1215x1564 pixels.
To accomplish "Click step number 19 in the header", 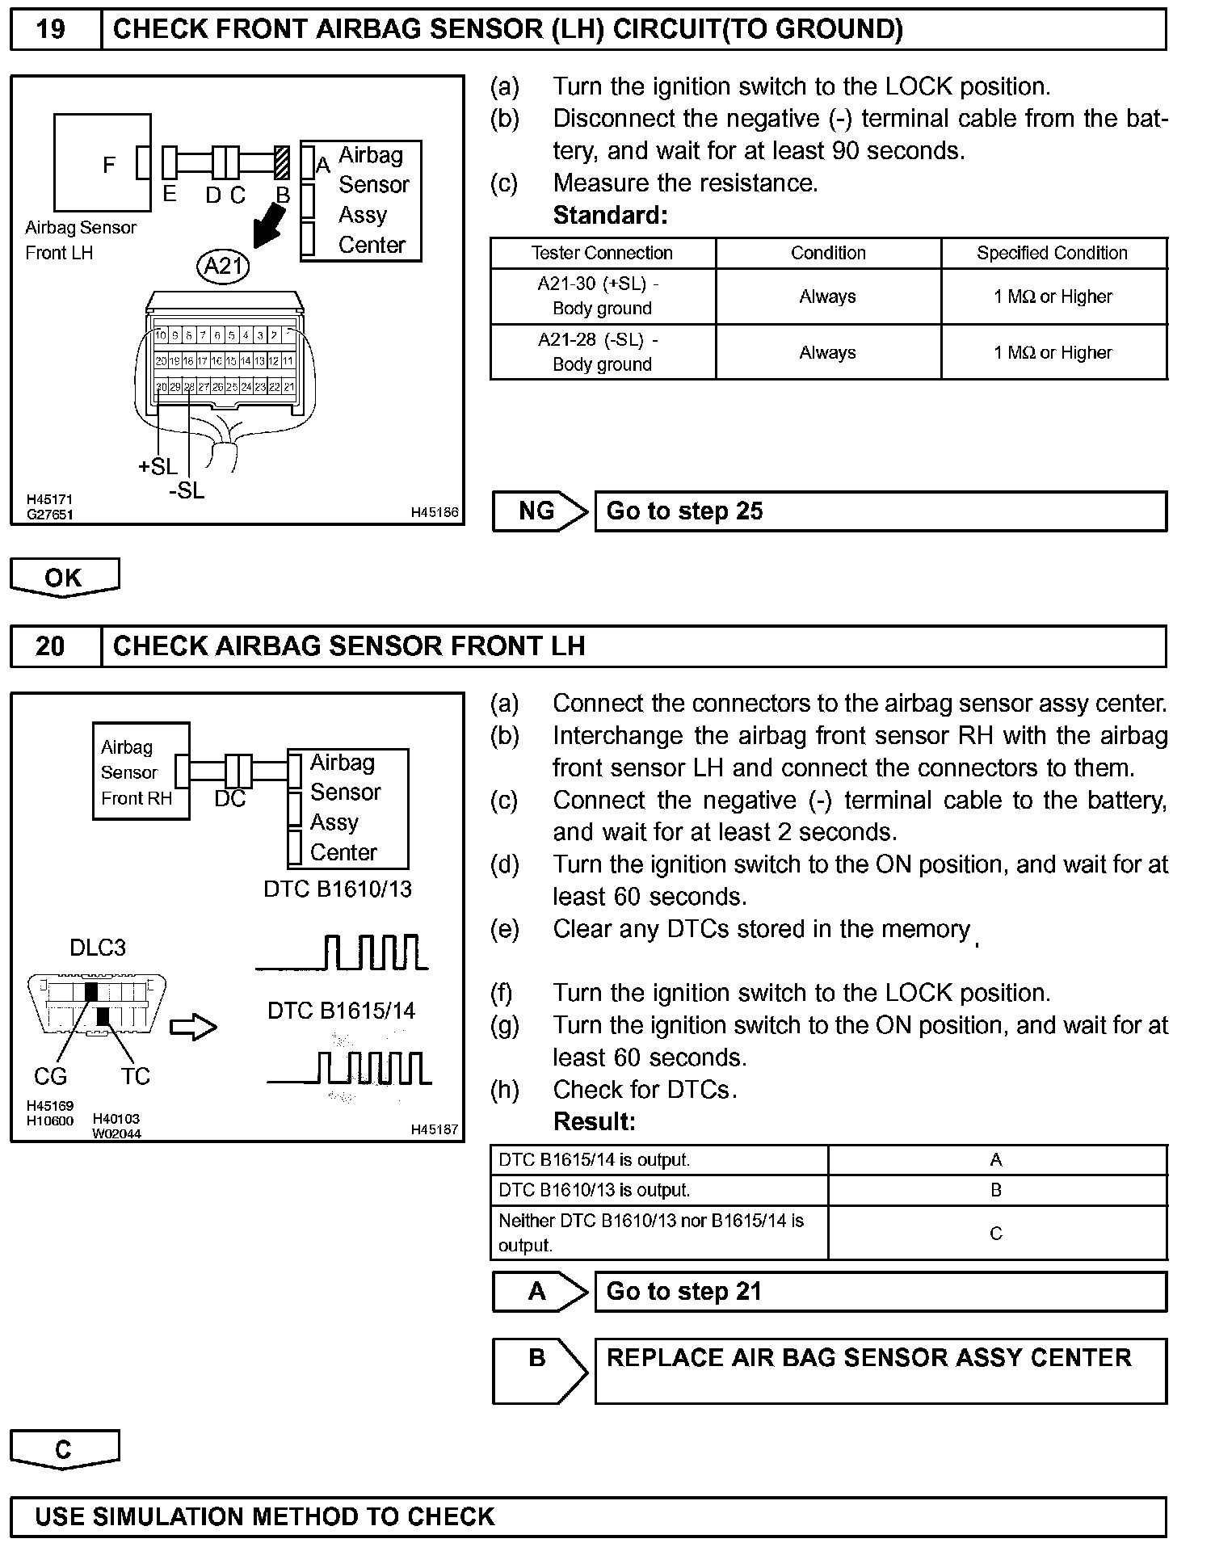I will (x=51, y=30).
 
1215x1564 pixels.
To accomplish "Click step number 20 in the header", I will (x=50, y=646).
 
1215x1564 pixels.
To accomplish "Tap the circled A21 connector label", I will (x=223, y=266).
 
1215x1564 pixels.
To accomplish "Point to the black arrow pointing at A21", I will (x=269, y=225).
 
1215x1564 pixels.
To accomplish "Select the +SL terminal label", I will (x=158, y=466).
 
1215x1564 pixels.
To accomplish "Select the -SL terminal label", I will (x=187, y=490).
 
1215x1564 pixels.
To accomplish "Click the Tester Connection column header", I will (x=602, y=253).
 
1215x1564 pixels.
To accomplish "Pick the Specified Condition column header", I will (x=1052, y=253).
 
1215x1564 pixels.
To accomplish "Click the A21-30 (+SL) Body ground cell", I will (x=602, y=296).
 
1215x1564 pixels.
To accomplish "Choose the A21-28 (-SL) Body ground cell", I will (x=602, y=352).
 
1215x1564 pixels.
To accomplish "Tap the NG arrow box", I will (x=539, y=511).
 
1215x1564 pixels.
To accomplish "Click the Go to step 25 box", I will (x=880, y=511).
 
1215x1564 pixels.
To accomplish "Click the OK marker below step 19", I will (x=64, y=578).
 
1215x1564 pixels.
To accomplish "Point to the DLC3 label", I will (x=98, y=947).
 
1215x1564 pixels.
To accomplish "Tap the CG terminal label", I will (x=50, y=1076).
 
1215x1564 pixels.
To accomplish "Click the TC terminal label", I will (x=136, y=1076).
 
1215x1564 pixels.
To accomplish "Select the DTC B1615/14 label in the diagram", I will (x=341, y=1011).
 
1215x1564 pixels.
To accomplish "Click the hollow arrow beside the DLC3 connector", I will (x=194, y=1028).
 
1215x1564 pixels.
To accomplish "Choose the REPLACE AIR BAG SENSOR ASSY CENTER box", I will (x=880, y=1371).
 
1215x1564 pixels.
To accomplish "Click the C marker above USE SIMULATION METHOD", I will (x=64, y=1449).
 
